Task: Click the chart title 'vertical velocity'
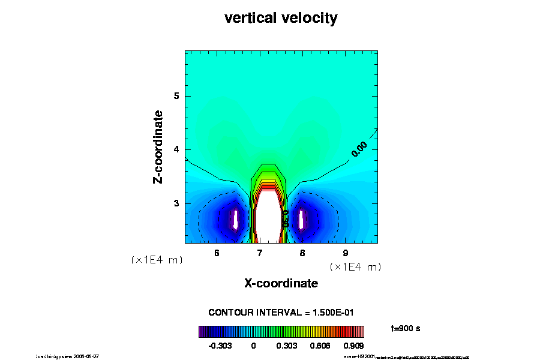pos(281,18)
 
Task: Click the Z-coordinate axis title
pos(158,146)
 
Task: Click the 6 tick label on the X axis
pos(217,253)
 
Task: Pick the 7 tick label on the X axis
pos(260,253)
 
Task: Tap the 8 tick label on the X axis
pos(302,253)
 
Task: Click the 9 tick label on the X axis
pos(346,253)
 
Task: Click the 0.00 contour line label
pos(359,149)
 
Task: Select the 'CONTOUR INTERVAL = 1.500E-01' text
pos(281,313)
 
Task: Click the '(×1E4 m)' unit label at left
pos(157,260)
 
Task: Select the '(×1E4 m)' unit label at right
pos(355,266)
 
